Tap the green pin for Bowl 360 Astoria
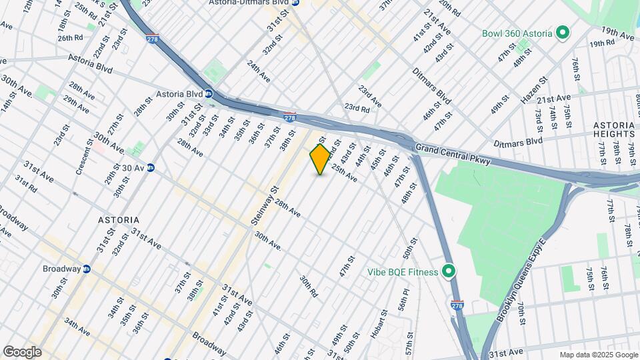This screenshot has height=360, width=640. click(x=562, y=32)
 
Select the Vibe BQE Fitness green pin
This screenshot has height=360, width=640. click(x=449, y=271)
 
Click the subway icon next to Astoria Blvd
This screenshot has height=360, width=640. click(x=209, y=94)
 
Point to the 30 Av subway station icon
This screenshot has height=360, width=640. click(x=151, y=167)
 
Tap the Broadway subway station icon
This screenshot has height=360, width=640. click(x=86, y=269)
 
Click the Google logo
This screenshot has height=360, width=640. click(x=22, y=352)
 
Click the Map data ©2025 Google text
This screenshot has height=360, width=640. click(x=599, y=355)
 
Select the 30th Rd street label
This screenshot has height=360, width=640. click(x=308, y=286)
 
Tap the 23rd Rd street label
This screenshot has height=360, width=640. click(x=356, y=108)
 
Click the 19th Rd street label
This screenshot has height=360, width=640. click(x=601, y=43)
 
